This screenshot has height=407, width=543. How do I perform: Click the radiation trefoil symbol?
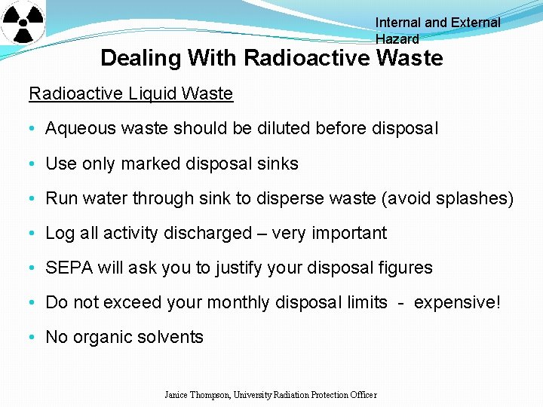(x=23, y=22)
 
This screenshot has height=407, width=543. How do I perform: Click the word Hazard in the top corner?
(x=397, y=39)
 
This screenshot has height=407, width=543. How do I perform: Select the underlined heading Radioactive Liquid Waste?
(x=130, y=93)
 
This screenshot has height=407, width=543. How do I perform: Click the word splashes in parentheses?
(x=474, y=198)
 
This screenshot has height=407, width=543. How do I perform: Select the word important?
(x=348, y=233)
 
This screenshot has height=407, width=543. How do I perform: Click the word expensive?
(x=457, y=302)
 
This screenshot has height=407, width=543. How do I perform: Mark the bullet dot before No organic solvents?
(x=35, y=338)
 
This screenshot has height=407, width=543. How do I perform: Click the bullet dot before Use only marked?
(x=35, y=164)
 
